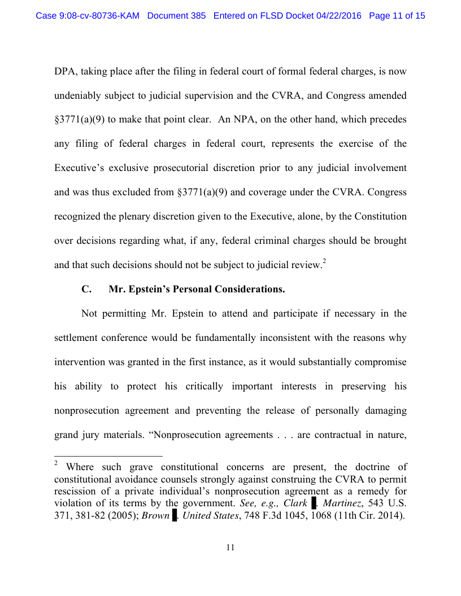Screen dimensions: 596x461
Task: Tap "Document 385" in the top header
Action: click(176, 16)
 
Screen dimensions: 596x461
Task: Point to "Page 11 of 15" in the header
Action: click(397, 16)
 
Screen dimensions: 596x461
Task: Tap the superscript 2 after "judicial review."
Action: click(324, 261)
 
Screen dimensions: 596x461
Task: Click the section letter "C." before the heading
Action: click(86, 290)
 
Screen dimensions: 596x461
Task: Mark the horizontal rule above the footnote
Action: click(108, 455)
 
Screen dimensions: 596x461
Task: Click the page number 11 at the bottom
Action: click(230, 547)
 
